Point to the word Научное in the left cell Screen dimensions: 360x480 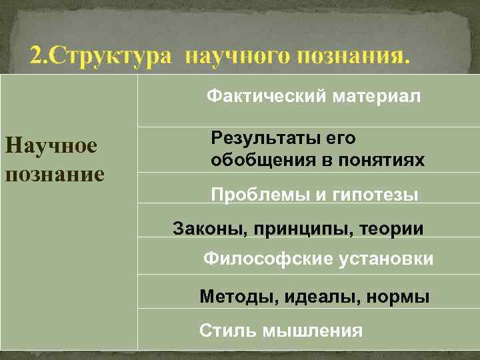pos(51,145)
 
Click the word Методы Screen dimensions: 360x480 pos(230,297)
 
